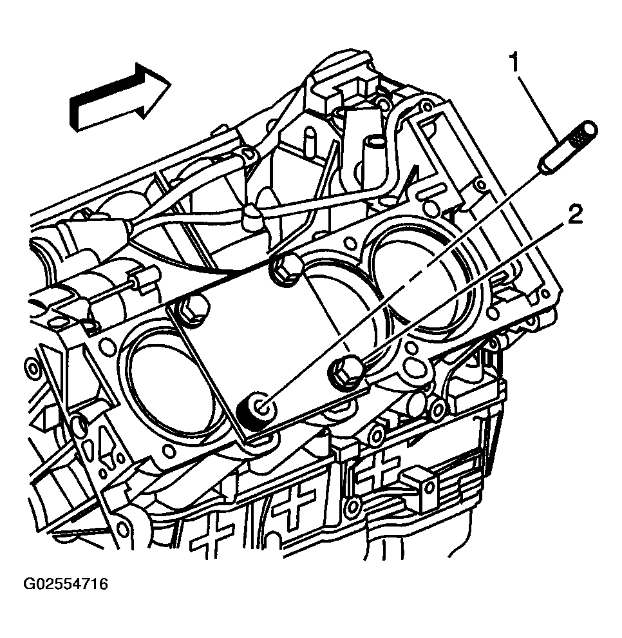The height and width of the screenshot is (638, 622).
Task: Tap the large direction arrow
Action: [120, 97]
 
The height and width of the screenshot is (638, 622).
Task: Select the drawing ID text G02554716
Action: [66, 585]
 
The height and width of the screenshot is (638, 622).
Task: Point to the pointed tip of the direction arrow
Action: [171, 84]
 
